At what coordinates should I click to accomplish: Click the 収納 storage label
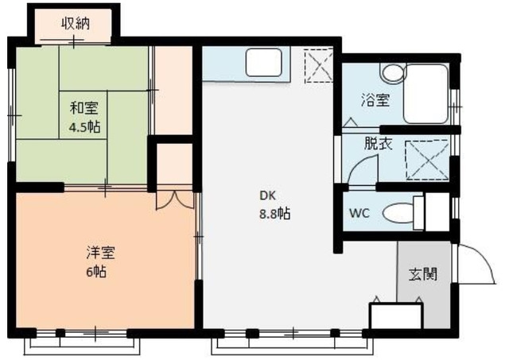pyautogui.click(x=76, y=23)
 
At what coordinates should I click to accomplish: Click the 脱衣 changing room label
pyautogui.click(x=377, y=145)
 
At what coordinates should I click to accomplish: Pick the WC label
pyautogui.click(x=358, y=213)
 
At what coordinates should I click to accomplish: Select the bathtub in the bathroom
pyautogui.click(x=425, y=92)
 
